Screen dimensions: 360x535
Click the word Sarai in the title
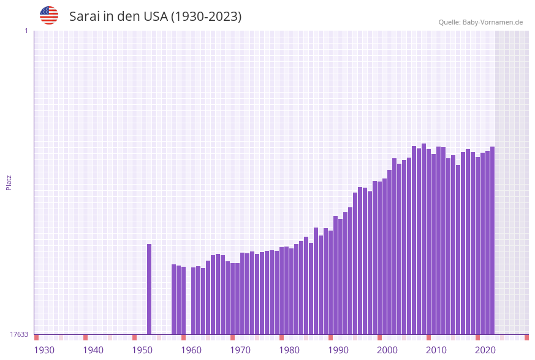[84, 17]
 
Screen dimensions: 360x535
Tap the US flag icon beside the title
[49, 15]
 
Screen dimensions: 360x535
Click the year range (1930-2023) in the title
[206, 17]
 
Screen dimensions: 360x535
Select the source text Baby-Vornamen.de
[493, 22]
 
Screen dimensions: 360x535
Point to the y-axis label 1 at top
[26, 31]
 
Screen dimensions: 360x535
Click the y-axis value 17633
[19, 334]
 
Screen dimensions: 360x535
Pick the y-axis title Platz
[9, 182]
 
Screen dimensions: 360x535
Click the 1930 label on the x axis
[44, 350]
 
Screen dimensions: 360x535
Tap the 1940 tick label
[93, 350]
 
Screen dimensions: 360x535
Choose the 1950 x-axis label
[142, 350]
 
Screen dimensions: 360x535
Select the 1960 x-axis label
[191, 350]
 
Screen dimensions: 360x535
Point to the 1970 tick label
[240, 350]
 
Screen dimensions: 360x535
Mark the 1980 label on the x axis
[289, 350]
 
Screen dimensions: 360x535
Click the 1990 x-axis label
[338, 350]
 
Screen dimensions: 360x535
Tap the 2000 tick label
[387, 350]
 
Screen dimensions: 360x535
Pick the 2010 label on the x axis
[436, 350]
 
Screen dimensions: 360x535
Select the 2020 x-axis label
[485, 350]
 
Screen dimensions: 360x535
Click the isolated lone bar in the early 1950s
[149, 289]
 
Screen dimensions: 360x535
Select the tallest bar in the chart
[423, 239]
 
